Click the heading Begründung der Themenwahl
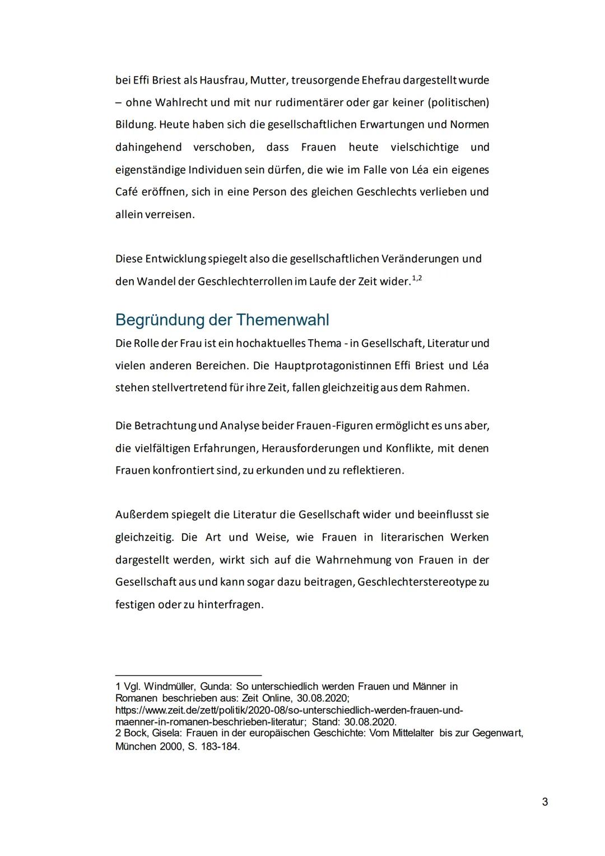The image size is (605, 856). (x=222, y=320)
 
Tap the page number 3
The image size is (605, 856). (x=544, y=802)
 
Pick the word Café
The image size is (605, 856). (x=127, y=192)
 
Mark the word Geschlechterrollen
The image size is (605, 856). (x=244, y=281)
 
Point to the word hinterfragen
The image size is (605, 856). (x=230, y=605)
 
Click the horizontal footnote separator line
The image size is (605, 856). (x=188, y=675)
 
